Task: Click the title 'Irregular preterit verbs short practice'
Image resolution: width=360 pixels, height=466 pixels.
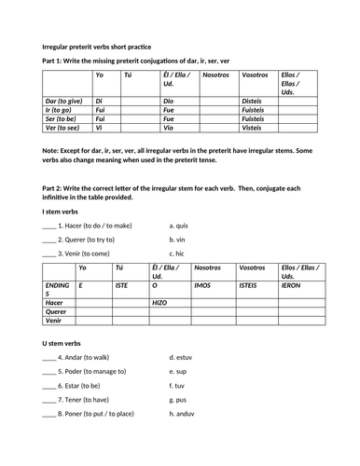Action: click(97, 46)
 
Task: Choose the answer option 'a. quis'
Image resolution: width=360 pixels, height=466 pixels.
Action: click(180, 225)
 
